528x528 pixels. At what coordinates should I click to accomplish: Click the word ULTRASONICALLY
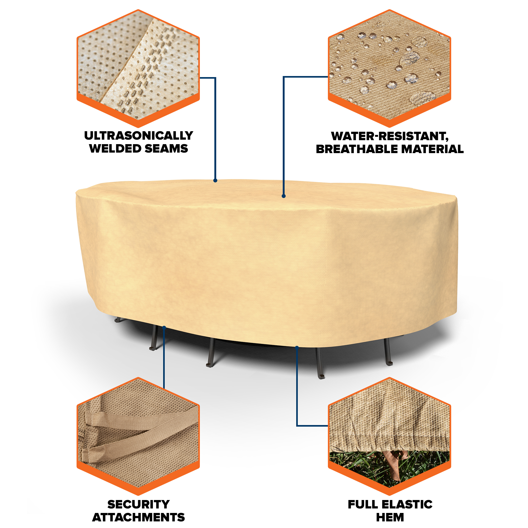(139, 135)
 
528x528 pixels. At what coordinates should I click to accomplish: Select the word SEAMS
(166, 148)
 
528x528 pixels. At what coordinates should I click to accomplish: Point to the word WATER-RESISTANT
(390, 136)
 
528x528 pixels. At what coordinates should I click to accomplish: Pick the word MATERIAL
(432, 149)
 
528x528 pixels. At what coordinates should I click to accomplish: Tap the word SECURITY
(139, 505)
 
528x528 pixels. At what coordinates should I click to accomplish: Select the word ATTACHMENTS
(139, 517)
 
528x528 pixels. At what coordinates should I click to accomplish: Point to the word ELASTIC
(407, 505)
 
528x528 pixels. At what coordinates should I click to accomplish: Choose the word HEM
(390, 517)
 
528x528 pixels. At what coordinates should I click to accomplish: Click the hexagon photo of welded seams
(138, 68)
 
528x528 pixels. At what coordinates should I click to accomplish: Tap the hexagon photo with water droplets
(389, 68)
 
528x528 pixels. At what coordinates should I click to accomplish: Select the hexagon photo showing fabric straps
(138, 436)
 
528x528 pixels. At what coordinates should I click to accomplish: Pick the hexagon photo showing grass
(389, 436)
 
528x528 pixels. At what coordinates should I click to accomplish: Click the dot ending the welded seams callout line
(215, 180)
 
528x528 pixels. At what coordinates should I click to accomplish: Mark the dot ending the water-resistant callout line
(284, 196)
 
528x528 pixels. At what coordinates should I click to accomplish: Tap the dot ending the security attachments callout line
(164, 327)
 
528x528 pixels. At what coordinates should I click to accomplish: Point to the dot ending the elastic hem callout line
(297, 347)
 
